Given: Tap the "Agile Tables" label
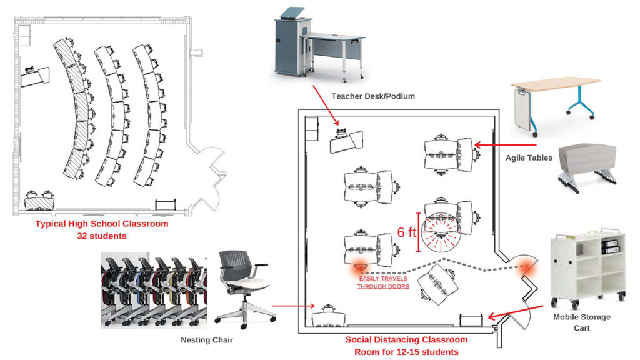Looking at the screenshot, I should [x=529, y=158].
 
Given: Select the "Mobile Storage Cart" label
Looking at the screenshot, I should [x=582, y=322].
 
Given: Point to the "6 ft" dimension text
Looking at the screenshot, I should [x=406, y=232].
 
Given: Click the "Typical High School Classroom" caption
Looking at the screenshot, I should [x=101, y=224].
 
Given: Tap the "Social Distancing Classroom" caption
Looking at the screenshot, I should [x=406, y=340].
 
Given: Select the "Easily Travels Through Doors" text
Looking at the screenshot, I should [x=383, y=282].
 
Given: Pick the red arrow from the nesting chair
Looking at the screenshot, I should [x=294, y=306].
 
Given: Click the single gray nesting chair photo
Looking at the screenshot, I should [x=244, y=288].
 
